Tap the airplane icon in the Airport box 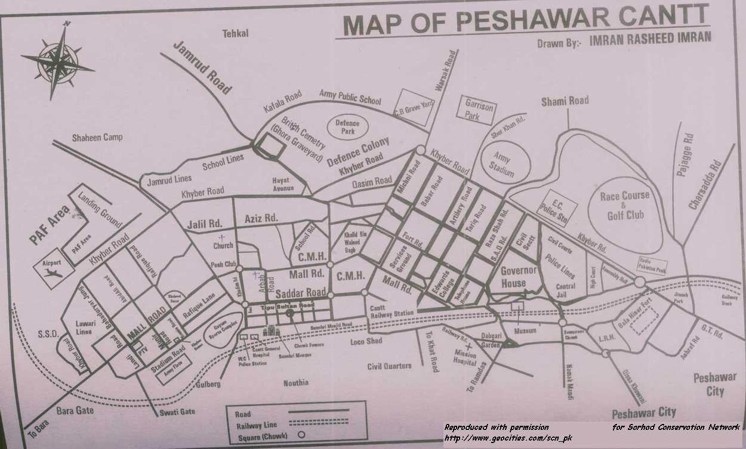pos(53,273)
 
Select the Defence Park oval pos(347,126)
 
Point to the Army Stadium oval pos(505,162)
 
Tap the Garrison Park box pos(480,110)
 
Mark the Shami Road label pos(565,101)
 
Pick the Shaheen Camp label pos(97,138)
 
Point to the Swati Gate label pos(175,411)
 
